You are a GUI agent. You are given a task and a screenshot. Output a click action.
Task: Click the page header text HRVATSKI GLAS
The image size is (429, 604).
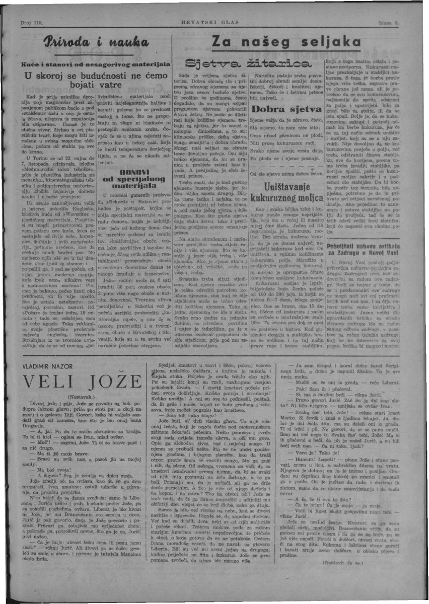pos(214,23)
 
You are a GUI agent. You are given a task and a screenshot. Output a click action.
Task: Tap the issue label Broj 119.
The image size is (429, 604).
pos(32,23)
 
